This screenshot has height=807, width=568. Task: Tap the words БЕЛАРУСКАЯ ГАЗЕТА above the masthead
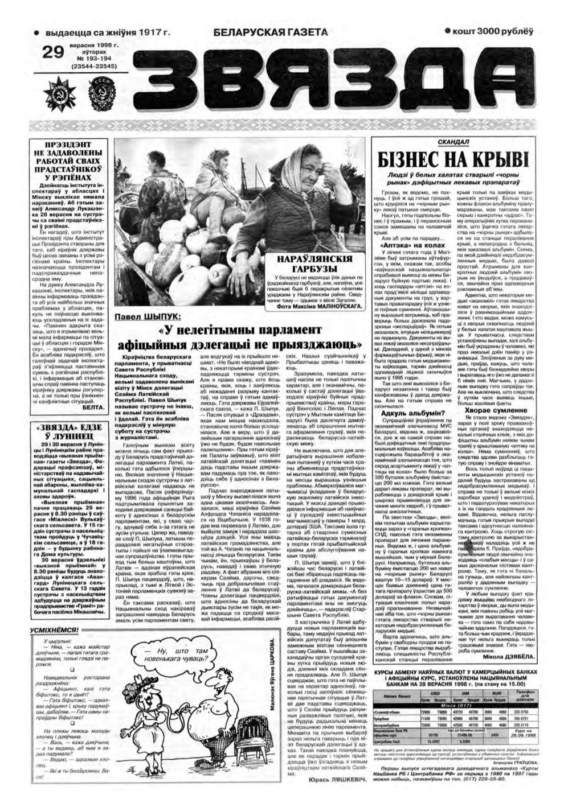[x=271, y=33]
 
